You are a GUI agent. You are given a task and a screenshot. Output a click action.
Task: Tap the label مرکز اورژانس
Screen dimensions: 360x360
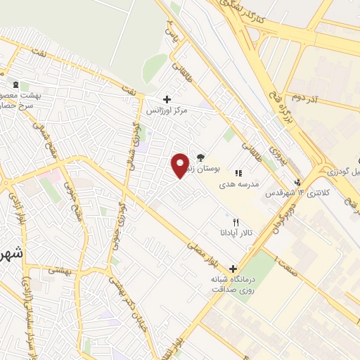click(167, 111)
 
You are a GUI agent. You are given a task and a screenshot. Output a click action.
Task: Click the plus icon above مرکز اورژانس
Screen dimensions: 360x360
click(167, 99)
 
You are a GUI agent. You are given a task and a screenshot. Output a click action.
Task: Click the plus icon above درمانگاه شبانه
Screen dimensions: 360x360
click(233, 268)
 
